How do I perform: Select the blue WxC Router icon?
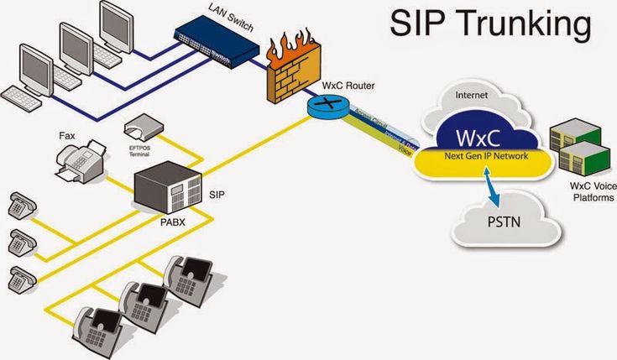pos(320,106)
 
